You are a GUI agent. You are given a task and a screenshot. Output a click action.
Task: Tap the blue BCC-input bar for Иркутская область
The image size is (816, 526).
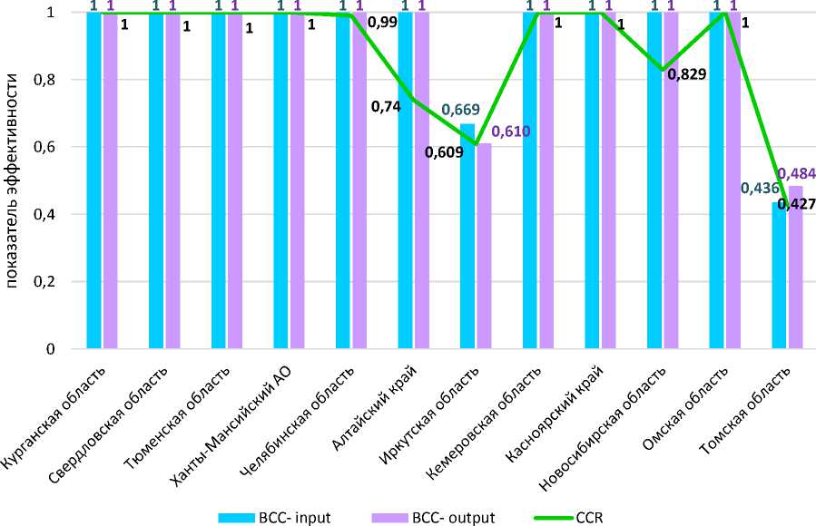point(467,236)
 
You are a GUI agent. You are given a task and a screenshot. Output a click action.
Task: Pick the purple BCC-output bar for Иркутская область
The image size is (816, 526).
point(484,246)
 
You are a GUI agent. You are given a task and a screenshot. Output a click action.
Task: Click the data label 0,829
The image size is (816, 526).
point(687,74)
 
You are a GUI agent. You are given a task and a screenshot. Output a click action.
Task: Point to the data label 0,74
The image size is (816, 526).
point(386,107)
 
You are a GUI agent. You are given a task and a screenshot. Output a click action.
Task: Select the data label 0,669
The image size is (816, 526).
point(461,111)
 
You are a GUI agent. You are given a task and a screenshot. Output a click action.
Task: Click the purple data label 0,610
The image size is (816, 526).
point(510,132)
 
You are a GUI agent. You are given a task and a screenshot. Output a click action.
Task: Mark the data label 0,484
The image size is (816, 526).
point(800,173)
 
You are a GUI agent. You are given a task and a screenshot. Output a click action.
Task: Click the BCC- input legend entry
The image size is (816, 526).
point(274,518)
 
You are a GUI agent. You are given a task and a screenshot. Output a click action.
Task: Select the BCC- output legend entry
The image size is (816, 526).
point(433,518)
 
